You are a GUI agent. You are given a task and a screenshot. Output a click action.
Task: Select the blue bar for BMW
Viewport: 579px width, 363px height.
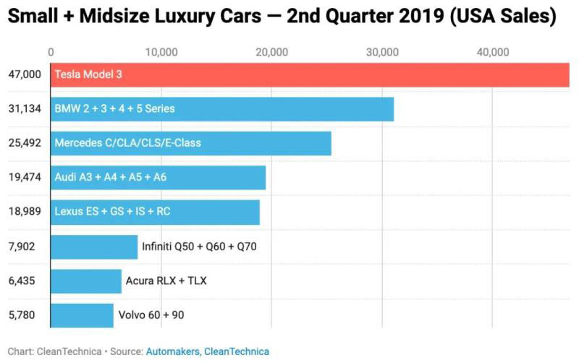coord(222,109)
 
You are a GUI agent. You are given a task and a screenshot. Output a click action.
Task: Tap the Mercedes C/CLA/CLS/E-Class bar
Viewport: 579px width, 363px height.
coord(191,143)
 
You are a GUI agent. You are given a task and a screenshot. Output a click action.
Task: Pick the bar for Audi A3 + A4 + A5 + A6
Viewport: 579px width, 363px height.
coord(158,177)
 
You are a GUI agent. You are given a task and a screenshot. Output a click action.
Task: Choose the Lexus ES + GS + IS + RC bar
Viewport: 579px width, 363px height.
coord(155,212)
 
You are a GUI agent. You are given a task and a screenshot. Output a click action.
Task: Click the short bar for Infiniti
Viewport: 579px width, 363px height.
coord(94,247)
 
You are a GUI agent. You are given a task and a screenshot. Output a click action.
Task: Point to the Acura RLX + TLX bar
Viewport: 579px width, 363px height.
coord(86,281)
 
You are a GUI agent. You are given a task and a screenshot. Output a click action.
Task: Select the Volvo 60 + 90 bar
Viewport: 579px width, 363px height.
coord(82,315)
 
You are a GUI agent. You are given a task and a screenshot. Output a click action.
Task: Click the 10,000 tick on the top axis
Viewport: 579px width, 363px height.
coord(161,52)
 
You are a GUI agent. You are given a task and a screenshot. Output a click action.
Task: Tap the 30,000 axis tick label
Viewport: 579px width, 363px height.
coord(382,52)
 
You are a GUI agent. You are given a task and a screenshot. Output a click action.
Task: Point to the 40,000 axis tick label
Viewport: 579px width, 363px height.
coord(493,52)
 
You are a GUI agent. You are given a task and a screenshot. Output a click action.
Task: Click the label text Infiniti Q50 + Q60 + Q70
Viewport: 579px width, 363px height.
coord(199,247)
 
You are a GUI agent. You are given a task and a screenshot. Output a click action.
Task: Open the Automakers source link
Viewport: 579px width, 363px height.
coord(172,351)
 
